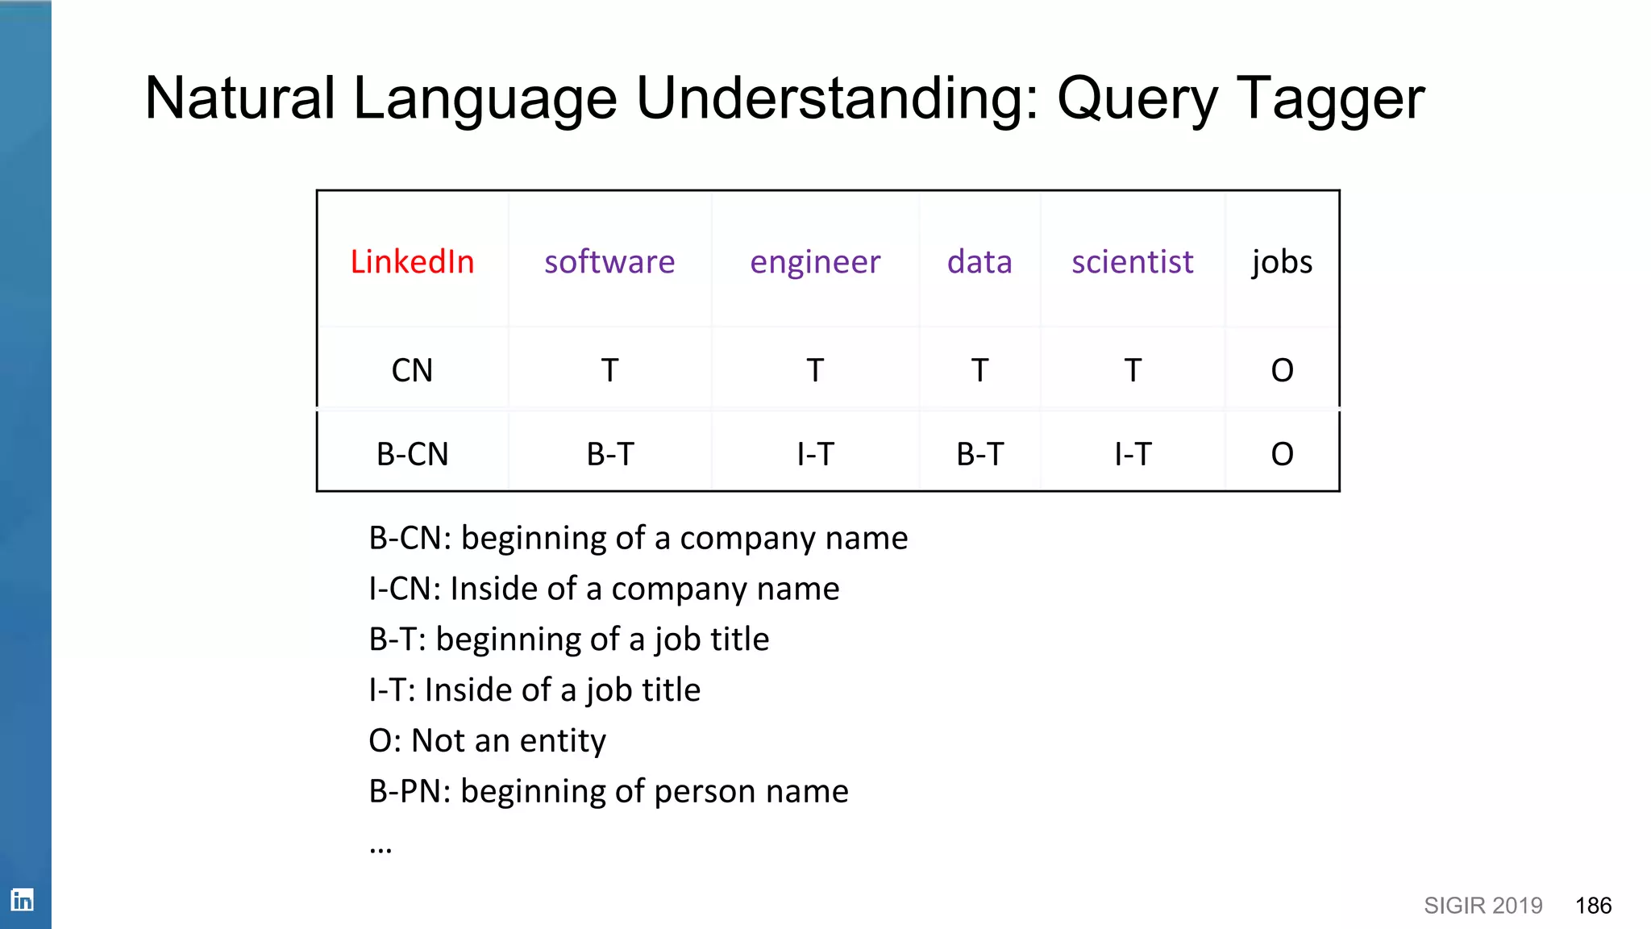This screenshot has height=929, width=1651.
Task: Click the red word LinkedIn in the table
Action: coord(412,262)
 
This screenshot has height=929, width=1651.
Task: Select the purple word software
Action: coord(609,262)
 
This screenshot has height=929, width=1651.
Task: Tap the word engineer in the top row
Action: coord(815,263)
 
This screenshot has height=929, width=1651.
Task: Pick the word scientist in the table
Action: coord(1132,262)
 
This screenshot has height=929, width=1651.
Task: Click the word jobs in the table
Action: coord(1282,263)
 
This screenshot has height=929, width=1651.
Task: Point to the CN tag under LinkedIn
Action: coord(412,370)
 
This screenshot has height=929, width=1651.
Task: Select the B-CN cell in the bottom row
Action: coord(412,454)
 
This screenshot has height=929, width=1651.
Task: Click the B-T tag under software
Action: coord(610,454)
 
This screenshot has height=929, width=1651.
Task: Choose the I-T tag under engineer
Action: coord(815,454)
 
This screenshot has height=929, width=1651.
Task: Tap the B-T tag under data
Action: coord(979,454)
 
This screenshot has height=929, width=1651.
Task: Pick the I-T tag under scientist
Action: coord(1132,454)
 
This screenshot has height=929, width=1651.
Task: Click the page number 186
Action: coord(1593,906)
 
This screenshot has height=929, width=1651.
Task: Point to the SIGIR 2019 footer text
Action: coord(1483,906)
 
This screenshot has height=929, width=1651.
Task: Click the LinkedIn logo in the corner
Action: coord(23,899)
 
